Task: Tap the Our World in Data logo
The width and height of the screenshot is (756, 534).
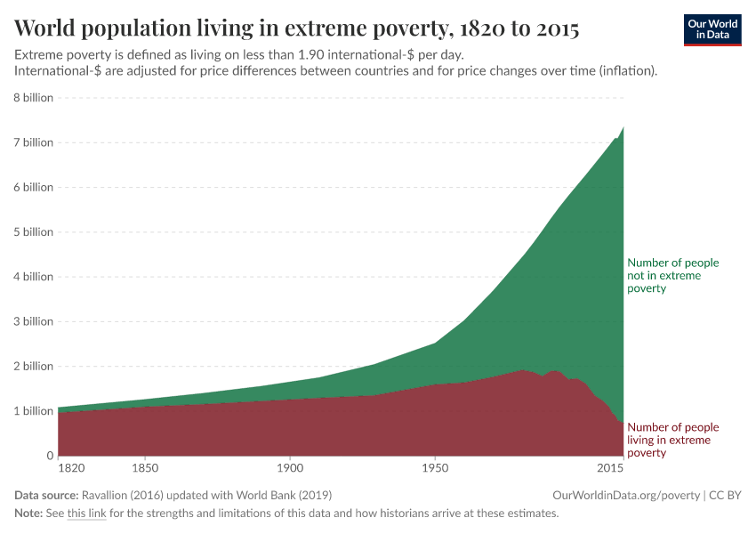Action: (x=712, y=29)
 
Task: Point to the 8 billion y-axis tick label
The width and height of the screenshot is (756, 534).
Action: (x=33, y=98)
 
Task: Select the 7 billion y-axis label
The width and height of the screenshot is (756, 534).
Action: (x=33, y=142)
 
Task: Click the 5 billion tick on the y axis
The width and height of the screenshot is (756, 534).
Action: (x=33, y=232)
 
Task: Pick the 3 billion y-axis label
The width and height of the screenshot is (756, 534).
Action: (x=33, y=321)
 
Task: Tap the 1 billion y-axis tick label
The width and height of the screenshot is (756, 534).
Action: (x=33, y=411)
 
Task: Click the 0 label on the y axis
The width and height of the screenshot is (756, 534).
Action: (x=50, y=456)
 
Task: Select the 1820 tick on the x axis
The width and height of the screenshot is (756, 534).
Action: (x=71, y=467)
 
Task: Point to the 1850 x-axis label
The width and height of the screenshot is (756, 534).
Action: (x=145, y=467)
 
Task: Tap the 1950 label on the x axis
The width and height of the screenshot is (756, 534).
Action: (x=434, y=467)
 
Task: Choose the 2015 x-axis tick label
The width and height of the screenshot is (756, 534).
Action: (x=610, y=467)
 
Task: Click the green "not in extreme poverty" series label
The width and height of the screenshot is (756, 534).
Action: (x=672, y=276)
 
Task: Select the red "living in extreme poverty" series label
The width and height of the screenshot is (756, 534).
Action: (x=672, y=440)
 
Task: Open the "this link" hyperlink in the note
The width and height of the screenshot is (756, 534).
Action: (x=86, y=514)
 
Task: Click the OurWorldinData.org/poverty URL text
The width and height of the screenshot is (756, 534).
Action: (x=626, y=495)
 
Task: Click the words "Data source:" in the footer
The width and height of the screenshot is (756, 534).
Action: (x=46, y=495)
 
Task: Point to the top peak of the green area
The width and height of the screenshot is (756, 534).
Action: (x=623, y=127)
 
